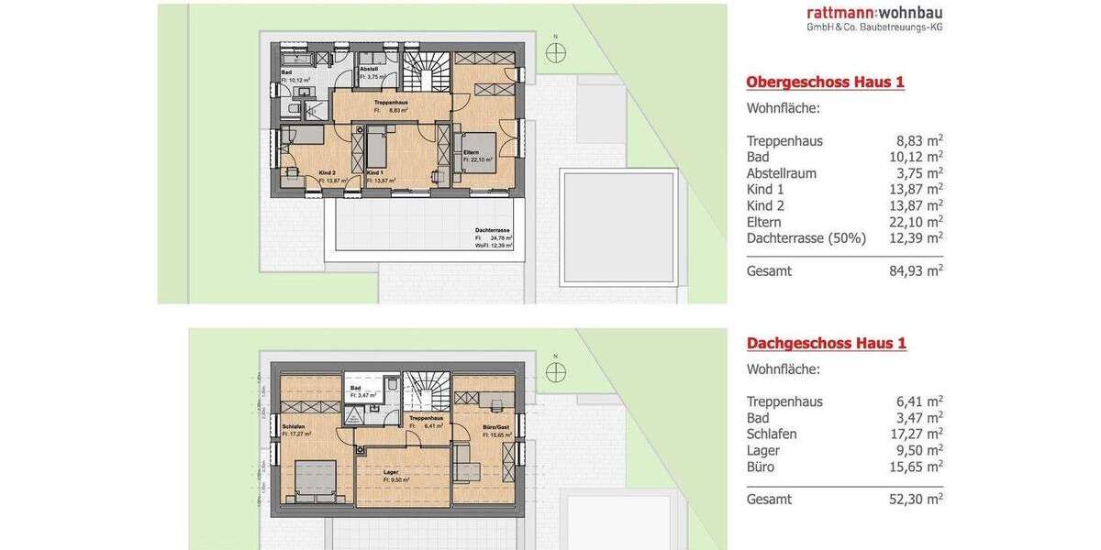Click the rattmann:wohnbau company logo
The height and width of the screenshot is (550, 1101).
pos(874,17)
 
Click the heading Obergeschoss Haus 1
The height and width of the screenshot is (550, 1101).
pos(825,82)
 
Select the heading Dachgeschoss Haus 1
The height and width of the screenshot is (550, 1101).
pos(826,344)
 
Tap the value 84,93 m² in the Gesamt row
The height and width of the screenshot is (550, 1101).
pos(919,271)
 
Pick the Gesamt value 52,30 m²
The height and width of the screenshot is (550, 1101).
pos(919,500)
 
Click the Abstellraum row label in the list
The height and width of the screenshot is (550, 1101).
pos(781,173)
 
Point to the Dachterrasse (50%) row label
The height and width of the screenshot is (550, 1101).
pos(806,238)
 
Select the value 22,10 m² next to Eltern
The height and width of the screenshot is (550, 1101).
pos(919,222)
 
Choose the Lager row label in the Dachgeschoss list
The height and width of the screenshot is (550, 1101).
pos(762,450)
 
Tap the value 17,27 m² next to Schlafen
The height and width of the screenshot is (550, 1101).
pos(919,434)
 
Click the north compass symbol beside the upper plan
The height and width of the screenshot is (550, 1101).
pos(555,52)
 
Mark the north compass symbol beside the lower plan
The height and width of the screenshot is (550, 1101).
pos(555,370)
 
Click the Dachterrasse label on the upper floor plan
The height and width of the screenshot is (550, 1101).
pos(493,230)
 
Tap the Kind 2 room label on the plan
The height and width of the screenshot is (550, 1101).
pos(328,173)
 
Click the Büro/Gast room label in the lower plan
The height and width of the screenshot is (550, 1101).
pos(495,428)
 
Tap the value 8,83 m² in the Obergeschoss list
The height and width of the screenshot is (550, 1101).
pos(919,141)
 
